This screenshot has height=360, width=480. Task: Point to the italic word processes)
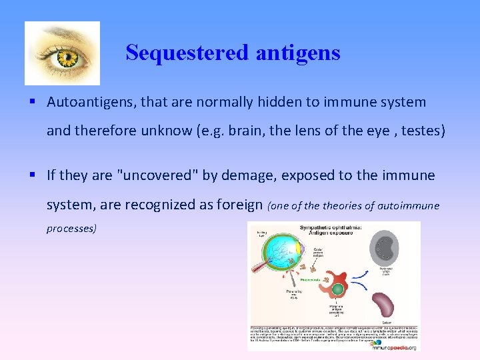(x=71, y=228)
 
